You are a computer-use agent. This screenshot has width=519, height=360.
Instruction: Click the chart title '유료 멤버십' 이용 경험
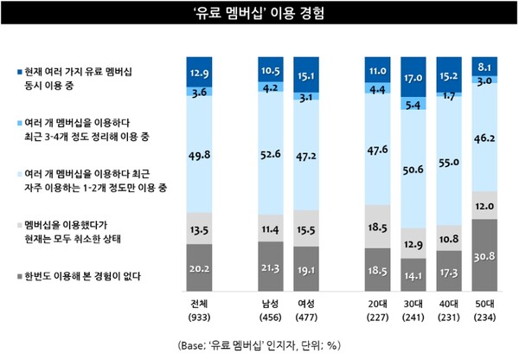pyautogui.click(x=259, y=14)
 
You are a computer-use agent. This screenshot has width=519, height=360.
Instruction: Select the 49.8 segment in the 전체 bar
pyautogui.click(x=200, y=154)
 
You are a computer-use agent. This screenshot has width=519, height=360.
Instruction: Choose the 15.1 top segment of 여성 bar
pyautogui.click(x=305, y=74)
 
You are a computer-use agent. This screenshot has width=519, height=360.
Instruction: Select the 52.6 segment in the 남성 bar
pyautogui.click(x=270, y=156)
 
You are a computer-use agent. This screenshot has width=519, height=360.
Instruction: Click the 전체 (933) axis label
pyautogui.click(x=201, y=310)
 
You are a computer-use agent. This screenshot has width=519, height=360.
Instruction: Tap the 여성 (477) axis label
pyautogui.click(x=305, y=310)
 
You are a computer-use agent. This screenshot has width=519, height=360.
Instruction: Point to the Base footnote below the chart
pyautogui.click(x=259, y=344)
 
